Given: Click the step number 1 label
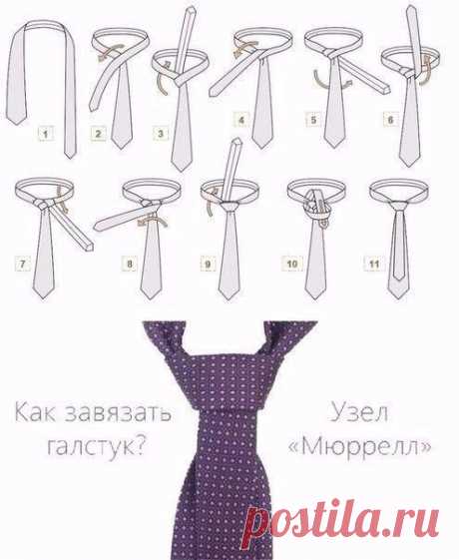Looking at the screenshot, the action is [x=46, y=135].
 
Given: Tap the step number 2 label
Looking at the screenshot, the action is [x=98, y=134].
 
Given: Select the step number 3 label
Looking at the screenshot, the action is [x=161, y=134].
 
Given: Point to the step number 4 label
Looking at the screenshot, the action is [x=241, y=120].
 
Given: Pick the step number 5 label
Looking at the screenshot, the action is [x=313, y=120].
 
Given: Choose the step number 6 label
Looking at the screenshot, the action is [x=390, y=120].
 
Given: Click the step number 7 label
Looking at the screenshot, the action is [x=22, y=265].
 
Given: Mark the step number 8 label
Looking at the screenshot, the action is [x=130, y=264].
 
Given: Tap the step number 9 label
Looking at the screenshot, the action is [x=208, y=265].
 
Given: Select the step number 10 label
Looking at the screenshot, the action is [x=292, y=264].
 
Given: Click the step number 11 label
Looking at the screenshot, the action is [x=374, y=264].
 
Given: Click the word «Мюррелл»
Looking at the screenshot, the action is [x=359, y=446].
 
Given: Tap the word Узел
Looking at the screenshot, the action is [x=359, y=412].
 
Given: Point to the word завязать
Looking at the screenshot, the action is [x=119, y=413].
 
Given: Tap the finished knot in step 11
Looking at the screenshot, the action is [x=399, y=205].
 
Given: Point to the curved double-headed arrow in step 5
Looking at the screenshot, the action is [x=331, y=85].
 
